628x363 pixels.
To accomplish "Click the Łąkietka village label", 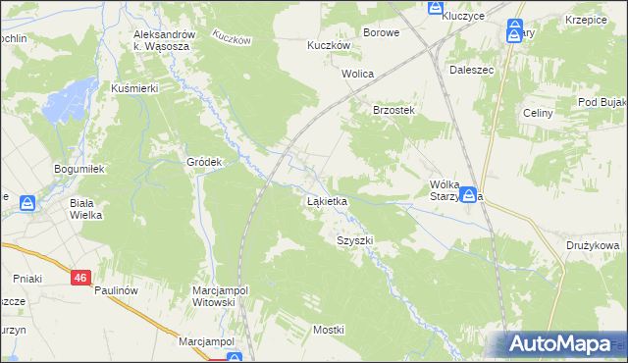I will click(x=327, y=201).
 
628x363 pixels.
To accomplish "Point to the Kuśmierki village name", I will click(x=134, y=88).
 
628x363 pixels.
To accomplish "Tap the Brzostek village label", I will click(x=395, y=110).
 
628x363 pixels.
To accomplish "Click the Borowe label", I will click(x=381, y=32).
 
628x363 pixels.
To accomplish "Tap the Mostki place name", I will click(x=329, y=330).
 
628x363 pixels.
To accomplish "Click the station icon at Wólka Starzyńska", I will click(x=470, y=195).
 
